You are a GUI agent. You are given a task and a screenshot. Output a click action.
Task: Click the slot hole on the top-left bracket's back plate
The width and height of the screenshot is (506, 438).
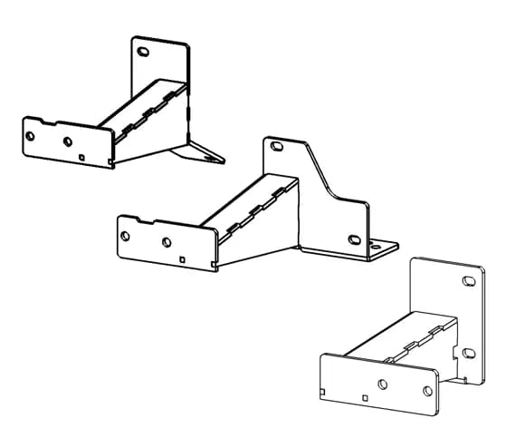142,53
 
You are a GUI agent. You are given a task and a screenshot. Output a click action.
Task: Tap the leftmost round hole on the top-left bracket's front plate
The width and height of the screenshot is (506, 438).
31,135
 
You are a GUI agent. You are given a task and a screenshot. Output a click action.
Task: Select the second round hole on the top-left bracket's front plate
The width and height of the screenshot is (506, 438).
67,141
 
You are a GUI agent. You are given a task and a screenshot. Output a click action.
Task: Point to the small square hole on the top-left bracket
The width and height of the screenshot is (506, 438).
82,157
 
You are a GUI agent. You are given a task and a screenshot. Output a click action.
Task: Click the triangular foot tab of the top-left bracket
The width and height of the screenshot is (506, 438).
205,151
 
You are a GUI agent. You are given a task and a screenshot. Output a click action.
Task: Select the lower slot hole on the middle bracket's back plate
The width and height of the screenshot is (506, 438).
354,239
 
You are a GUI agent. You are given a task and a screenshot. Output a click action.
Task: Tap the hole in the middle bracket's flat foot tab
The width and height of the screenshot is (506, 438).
378,245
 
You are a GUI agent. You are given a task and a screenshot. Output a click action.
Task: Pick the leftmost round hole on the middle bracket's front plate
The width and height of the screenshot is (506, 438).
125,236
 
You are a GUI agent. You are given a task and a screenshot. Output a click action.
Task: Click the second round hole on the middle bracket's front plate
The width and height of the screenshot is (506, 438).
167,243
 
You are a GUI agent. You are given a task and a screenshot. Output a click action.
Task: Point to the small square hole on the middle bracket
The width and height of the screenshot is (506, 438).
184,259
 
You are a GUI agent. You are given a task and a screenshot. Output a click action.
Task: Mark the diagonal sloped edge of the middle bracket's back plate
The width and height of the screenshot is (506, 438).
319,172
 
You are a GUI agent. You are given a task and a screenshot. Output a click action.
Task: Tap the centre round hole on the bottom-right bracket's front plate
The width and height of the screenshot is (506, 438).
383,384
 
